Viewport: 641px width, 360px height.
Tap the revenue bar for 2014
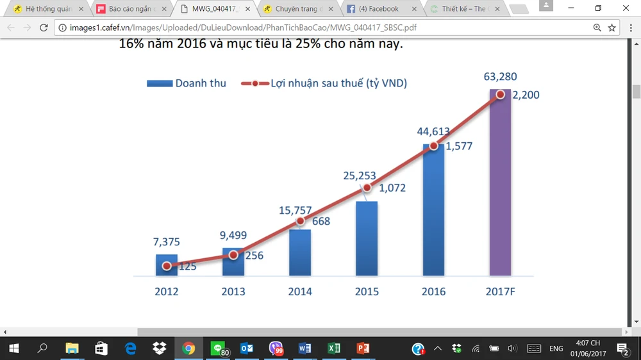tap(300, 253)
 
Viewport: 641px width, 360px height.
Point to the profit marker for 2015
tap(367, 188)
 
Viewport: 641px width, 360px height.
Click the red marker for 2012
tap(167, 266)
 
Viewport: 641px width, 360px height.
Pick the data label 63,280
tap(500, 78)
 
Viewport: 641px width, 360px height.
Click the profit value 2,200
tap(526, 95)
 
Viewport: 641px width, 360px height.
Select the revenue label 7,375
tap(167, 242)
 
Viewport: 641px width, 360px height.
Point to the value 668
tap(320, 222)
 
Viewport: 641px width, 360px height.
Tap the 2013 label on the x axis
tap(233, 291)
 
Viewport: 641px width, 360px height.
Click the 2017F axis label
tap(500, 291)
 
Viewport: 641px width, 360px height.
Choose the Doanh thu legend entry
tap(187, 83)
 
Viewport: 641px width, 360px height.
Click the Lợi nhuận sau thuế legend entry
tap(324, 83)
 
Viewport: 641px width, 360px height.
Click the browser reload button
tap(44, 28)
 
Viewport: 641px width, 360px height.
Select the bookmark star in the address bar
tap(612, 28)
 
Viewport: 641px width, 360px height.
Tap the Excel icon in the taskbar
tap(333, 348)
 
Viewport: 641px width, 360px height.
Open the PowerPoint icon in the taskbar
tap(363, 348)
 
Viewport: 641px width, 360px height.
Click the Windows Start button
tap(13, 348)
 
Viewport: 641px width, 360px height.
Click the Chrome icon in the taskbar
tap(188, 348)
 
